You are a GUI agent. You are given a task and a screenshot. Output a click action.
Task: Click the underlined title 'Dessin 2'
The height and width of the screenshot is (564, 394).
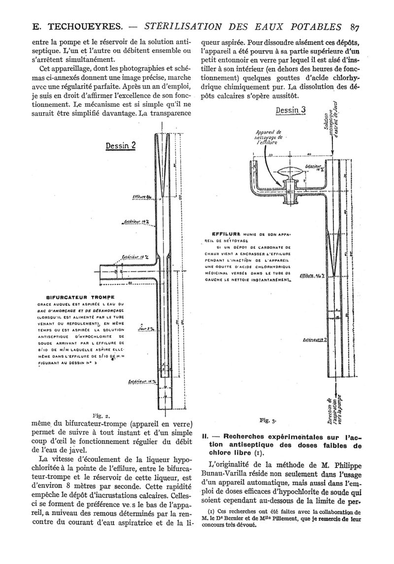click(121, 146)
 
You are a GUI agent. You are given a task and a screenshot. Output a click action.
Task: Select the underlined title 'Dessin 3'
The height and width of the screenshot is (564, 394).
click(291, 110)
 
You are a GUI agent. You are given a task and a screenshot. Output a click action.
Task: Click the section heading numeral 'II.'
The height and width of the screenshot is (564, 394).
click(206, 436)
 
